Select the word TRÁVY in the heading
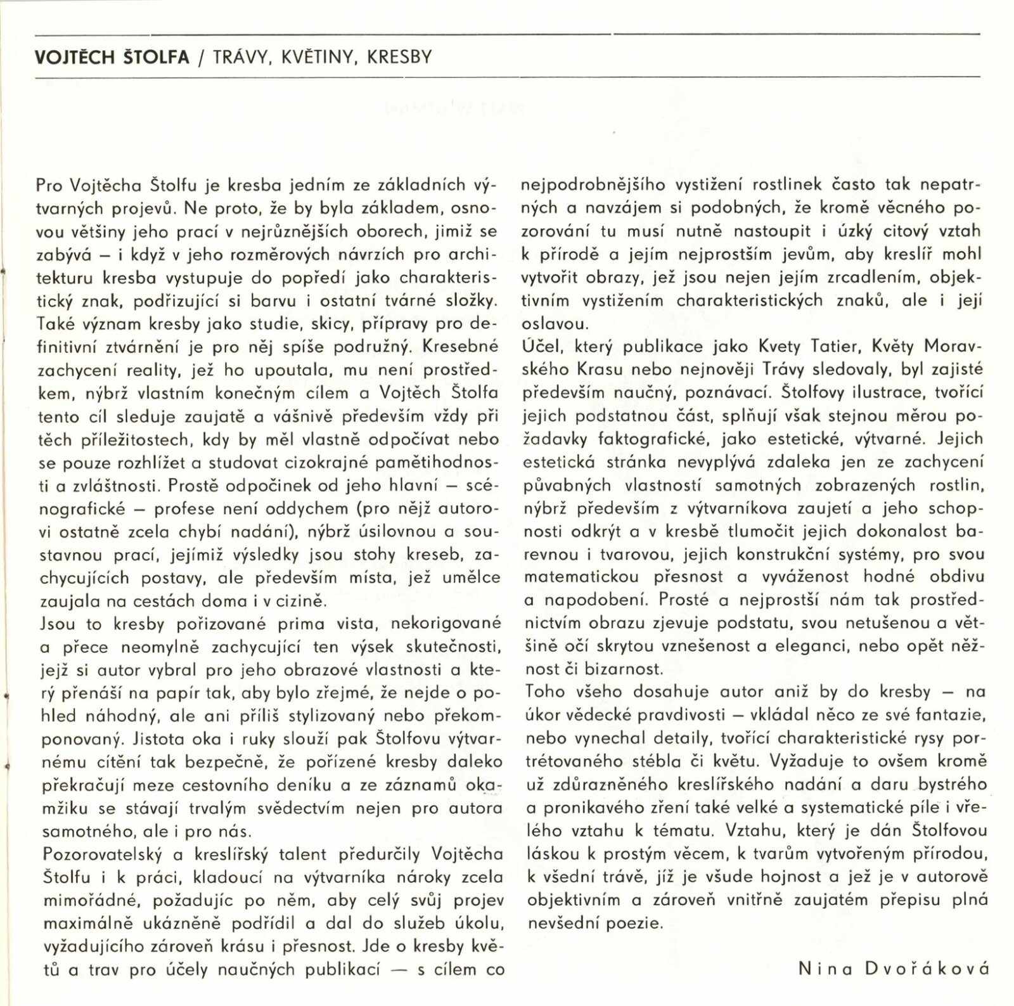coord(235,58)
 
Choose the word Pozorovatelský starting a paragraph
coord(101,855)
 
